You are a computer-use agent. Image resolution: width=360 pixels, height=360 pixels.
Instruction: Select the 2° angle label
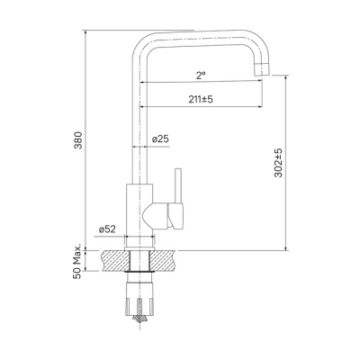tap(201, 75)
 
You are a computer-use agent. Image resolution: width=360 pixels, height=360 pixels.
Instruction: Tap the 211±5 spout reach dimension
tap(201, 98)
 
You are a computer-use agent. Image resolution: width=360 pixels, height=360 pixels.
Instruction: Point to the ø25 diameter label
tap(162, 139)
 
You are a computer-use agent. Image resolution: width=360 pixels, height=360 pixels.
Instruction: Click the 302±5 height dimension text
tap(278, 164)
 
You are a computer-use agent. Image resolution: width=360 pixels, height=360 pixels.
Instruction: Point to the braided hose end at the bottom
tap(141, 314)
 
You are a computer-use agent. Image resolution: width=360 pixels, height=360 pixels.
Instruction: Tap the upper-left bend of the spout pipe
tap(144, 45)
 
